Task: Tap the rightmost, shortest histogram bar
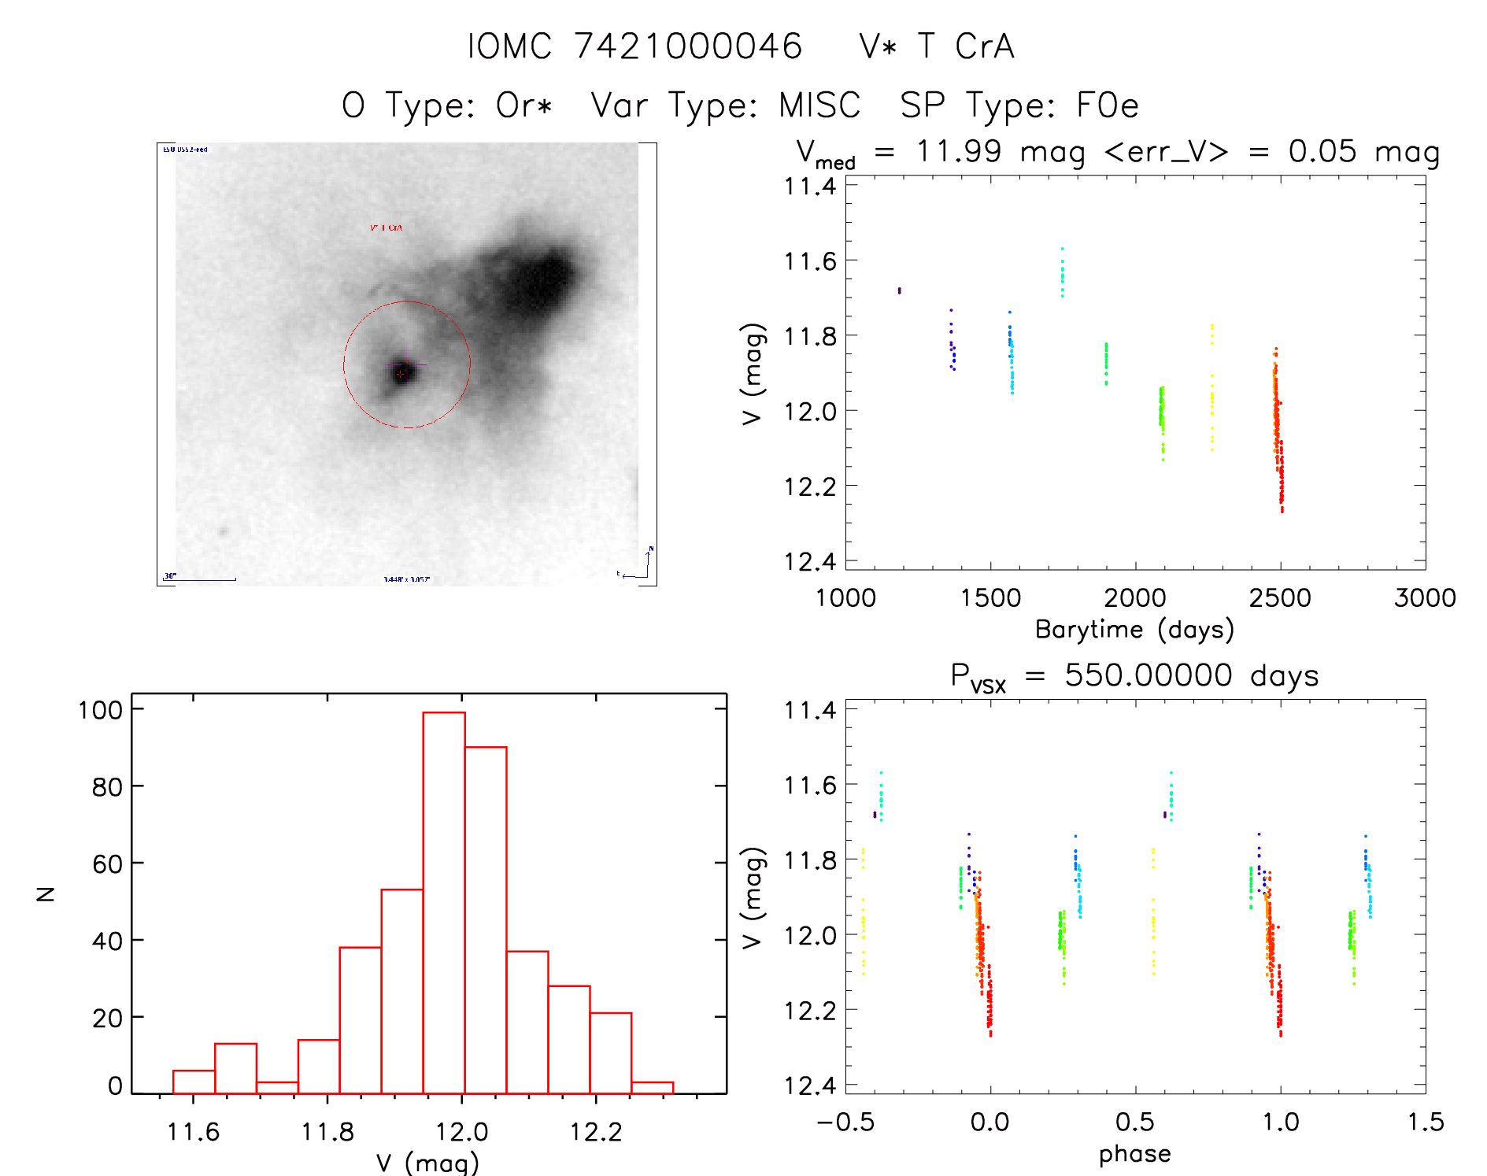coord(653,1088)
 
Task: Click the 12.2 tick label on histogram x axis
coord(596,1132)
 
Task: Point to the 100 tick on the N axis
coord(101,710)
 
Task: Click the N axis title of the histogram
coord(46,893)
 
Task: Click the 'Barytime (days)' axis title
coord(1134,630)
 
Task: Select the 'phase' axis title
coord(1134,1154)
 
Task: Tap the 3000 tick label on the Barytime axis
coord(1425,598)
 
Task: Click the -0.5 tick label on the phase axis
coord(845,1122)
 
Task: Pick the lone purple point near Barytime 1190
coord(900,290)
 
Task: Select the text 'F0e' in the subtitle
coord(1108,105)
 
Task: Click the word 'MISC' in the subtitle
coord(819,105)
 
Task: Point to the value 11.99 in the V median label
coord(958,151)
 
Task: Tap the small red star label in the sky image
coord(386,227)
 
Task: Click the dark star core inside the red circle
coord(403,372)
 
